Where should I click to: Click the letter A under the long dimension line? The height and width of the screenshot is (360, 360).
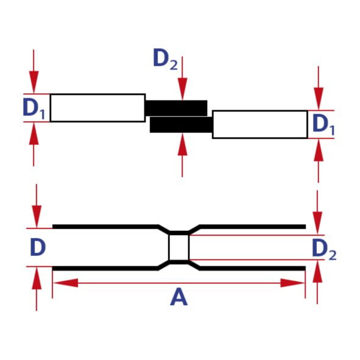(179, 297)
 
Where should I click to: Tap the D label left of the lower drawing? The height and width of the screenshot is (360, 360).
(38, 247)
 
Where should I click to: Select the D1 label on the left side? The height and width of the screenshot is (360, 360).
(34, 108)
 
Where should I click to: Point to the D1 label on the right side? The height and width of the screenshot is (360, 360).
(323, 124)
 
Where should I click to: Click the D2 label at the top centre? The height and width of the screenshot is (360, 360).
(165, 58)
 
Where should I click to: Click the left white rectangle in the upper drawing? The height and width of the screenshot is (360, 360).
(97, 108)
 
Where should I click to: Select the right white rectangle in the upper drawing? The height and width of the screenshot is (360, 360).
(260, 124)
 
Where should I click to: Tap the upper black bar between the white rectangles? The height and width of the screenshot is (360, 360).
(176, 108)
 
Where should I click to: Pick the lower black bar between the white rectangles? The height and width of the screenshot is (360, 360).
(181, 125)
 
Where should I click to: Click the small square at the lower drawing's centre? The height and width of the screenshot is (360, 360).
(179, 247)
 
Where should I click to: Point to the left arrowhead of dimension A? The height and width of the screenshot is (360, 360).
(65, 283)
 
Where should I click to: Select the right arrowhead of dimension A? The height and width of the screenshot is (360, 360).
(292, 283)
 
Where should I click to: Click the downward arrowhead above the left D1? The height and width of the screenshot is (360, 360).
(34, 82)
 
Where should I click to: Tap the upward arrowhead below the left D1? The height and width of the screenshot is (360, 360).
(34, 133)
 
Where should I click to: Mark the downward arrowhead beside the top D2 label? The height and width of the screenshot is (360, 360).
(182, 89)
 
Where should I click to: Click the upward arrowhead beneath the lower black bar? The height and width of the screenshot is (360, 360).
(182, 144)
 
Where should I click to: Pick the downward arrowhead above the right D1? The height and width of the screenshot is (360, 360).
(319, 99)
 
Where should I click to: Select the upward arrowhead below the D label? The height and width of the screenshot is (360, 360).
(37, 278)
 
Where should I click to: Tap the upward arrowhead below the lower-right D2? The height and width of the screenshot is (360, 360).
(317, 271)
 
